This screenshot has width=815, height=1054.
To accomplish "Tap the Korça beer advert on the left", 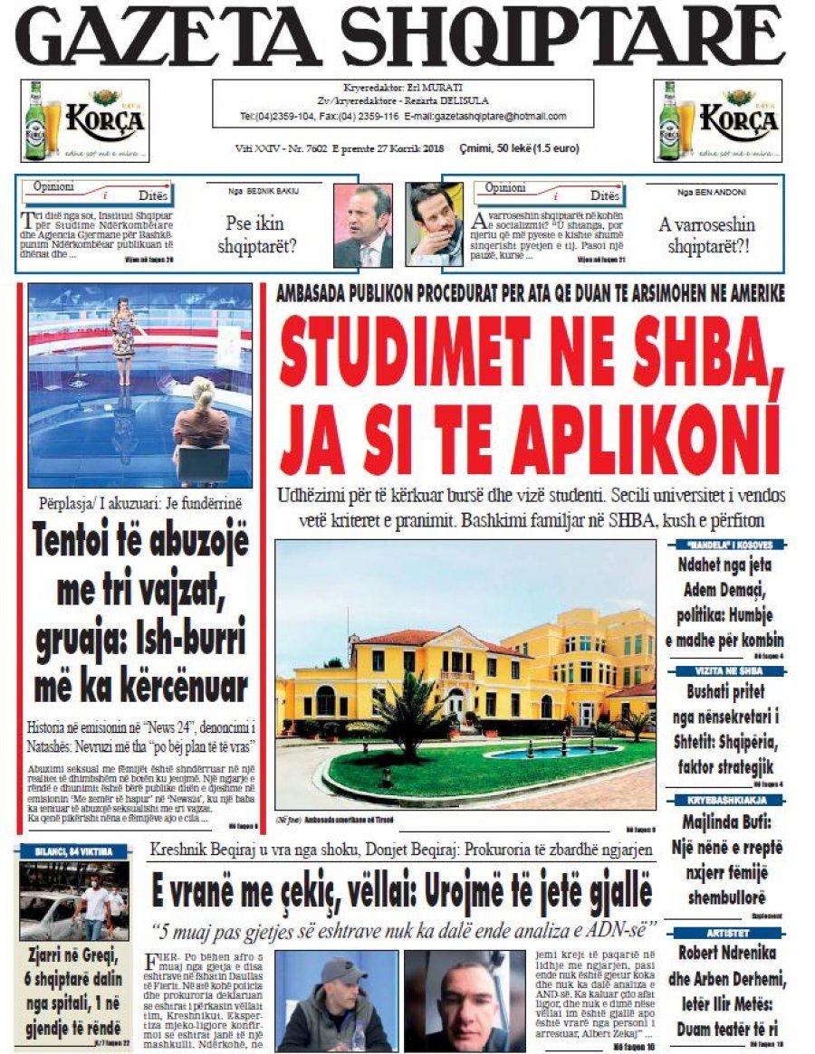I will click(85, 120).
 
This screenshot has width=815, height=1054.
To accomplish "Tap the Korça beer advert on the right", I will click(717, 120).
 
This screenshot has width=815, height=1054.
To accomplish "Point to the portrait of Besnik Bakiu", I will click(362, 225).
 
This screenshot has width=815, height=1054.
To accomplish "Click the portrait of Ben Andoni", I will click(434, 225).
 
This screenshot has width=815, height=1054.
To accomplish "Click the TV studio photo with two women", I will click(140, 385).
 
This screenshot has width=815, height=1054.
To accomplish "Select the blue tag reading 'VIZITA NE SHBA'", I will click(728, 671).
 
